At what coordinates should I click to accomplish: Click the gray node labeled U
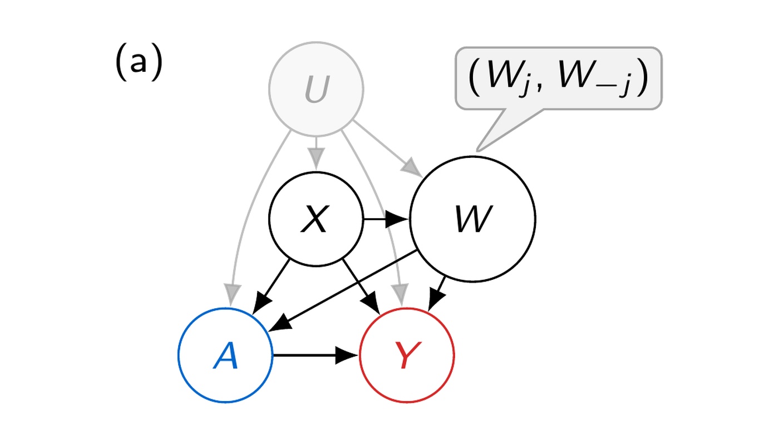pos(316,89)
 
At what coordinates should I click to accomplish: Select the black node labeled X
pos(316,219)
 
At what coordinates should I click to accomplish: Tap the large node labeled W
pos(472,219)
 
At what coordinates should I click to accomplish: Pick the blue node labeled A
pos(225,355)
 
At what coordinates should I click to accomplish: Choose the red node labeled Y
pos(407,355)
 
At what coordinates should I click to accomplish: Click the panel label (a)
pos(139,62)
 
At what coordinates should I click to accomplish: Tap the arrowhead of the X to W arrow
pos(397,219)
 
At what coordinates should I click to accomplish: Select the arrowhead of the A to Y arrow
pos(347,355)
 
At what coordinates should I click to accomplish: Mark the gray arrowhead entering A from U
pos(231,295)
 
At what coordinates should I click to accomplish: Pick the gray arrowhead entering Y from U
pos(400,295)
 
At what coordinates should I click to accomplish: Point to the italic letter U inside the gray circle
pos(317,90)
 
